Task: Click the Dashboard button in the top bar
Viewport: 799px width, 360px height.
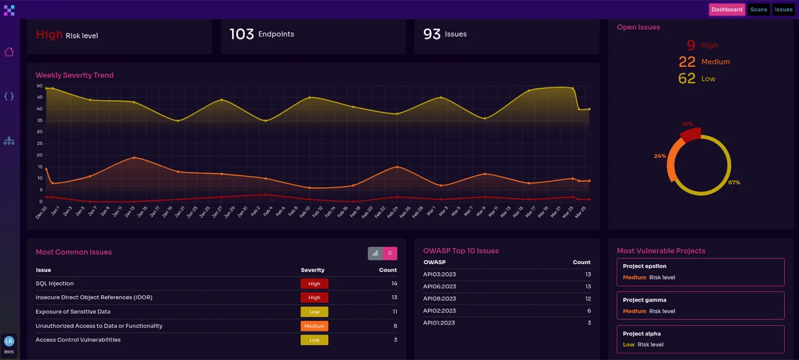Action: [727, 10]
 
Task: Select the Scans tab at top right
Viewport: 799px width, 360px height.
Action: [758, 10]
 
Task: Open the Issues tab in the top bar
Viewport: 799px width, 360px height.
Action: [783, 10]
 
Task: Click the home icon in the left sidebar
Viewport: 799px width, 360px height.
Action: [9, 52]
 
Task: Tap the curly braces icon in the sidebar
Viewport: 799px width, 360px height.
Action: [9, 96]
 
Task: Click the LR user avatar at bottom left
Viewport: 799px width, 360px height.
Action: [9, 341]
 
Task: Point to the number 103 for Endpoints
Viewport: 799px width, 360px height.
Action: [241, 34]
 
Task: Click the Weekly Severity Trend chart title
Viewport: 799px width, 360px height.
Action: [74, 75]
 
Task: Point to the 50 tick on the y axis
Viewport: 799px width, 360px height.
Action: [39, 86]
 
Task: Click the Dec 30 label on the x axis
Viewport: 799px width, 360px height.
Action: [41, 213]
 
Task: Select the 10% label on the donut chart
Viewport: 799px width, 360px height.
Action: [687, 124]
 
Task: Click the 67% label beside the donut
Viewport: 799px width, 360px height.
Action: [734, 183]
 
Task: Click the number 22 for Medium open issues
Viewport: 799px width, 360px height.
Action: [687, 62]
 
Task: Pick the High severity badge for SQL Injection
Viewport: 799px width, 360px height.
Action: [314, 284]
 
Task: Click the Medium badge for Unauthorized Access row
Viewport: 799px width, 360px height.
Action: [314, 326]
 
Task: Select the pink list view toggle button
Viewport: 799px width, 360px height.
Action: [390, 253]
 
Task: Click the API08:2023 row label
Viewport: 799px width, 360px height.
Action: [439, 299]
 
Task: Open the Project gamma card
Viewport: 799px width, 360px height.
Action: [700, 305]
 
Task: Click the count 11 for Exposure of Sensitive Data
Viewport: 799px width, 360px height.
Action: [394, 312]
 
